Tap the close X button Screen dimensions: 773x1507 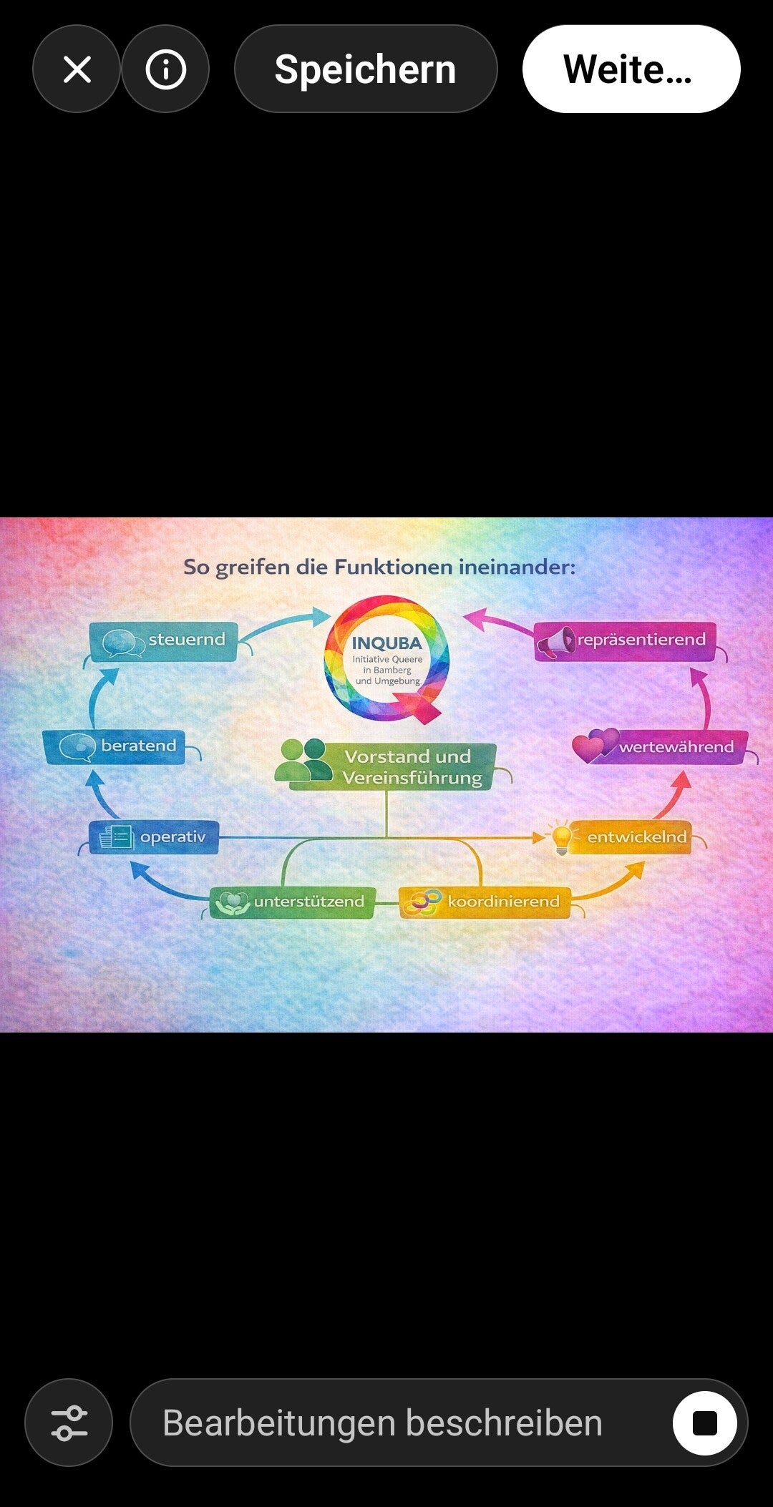[x=77, y=69]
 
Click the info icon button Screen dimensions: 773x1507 [x=165, y=69]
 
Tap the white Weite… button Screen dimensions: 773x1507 [x=631, y=69]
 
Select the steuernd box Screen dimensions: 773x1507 [x=164, y=641]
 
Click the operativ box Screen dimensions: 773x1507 [x=154, y=837]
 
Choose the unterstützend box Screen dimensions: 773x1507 [x=293, y=902]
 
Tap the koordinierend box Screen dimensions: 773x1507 [x=485, y=902]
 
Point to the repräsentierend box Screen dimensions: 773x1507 [x=625, y=641]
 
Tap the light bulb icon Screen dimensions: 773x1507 [x=563, y=838]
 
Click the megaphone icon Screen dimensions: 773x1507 [x=557, y=643]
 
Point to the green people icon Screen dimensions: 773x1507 [x=303, y=760]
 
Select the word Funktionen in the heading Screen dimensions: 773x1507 [x=393, y=567]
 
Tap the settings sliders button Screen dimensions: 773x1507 [x=69, y=1423]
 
